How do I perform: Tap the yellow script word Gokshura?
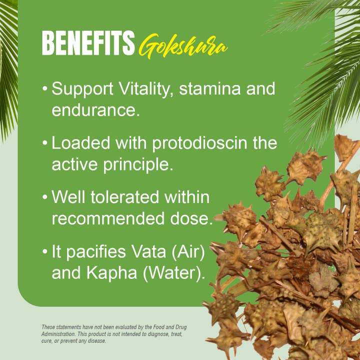(182, 47)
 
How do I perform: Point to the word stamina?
(211, 89)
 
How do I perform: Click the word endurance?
(94, 110)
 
